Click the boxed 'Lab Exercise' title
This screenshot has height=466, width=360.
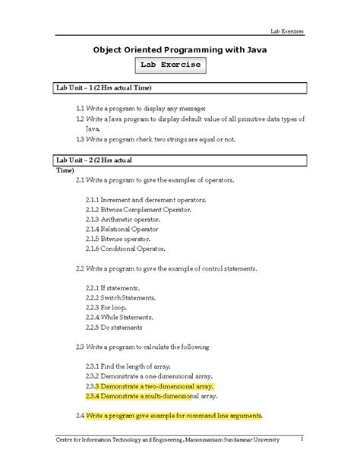179,65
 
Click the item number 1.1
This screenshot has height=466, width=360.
81,109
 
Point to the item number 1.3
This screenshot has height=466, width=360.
81,140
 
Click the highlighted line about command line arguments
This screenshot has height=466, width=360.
173,416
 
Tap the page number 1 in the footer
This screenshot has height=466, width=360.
302,439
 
